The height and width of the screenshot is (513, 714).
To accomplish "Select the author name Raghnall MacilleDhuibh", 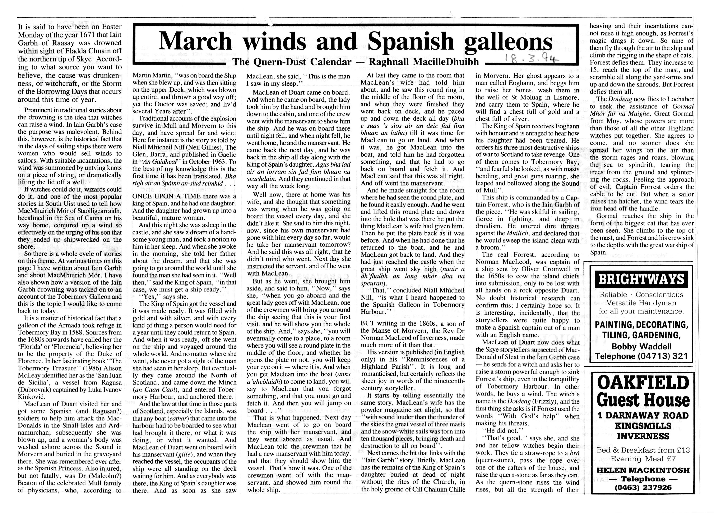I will [x=424, y=62].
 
